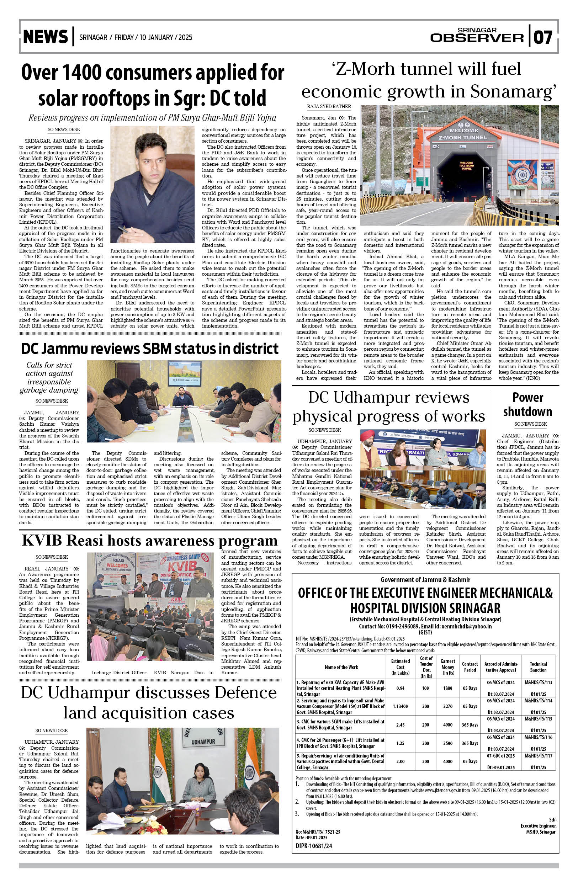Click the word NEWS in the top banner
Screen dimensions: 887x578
coord(46,37)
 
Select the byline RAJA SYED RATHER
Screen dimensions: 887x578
coord(329,107)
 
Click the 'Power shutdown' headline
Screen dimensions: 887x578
coord(527,404)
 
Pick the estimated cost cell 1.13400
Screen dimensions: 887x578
coord(400,706)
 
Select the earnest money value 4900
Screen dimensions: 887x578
coord(447,725)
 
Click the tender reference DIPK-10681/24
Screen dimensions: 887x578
coord(314,846)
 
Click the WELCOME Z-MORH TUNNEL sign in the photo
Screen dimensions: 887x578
coord(463,134)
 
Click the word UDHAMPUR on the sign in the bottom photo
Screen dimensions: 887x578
coord(203,742)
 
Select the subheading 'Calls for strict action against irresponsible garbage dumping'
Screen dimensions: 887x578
coord(49,378)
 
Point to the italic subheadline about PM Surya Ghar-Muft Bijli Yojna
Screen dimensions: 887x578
coord(153,118)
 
